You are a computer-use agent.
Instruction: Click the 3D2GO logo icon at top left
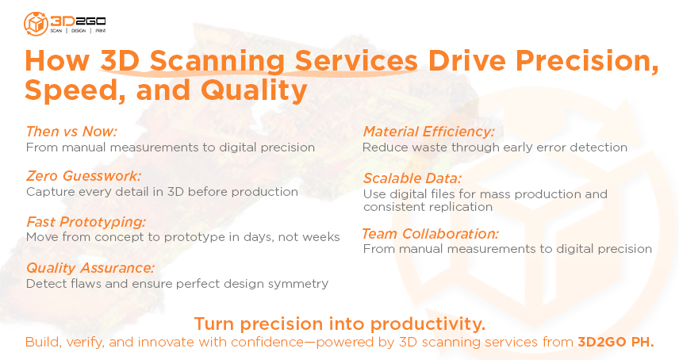point(36,24)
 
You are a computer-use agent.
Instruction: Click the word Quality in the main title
point(254,90)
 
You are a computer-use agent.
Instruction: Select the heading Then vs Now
point(71,131)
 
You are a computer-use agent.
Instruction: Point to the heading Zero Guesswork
point(83,176)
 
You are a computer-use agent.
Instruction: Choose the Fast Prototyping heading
point(86,221)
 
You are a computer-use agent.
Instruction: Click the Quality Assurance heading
point(90,268)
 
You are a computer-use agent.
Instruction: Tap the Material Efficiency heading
point(428,131)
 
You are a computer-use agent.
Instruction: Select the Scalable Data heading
point(412,178)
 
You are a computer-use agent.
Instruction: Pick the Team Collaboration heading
point(430,234)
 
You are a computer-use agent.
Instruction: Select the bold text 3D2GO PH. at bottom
point(616,343)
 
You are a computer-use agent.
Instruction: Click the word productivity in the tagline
point(428,324)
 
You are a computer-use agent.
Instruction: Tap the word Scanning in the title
point(217,61)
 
